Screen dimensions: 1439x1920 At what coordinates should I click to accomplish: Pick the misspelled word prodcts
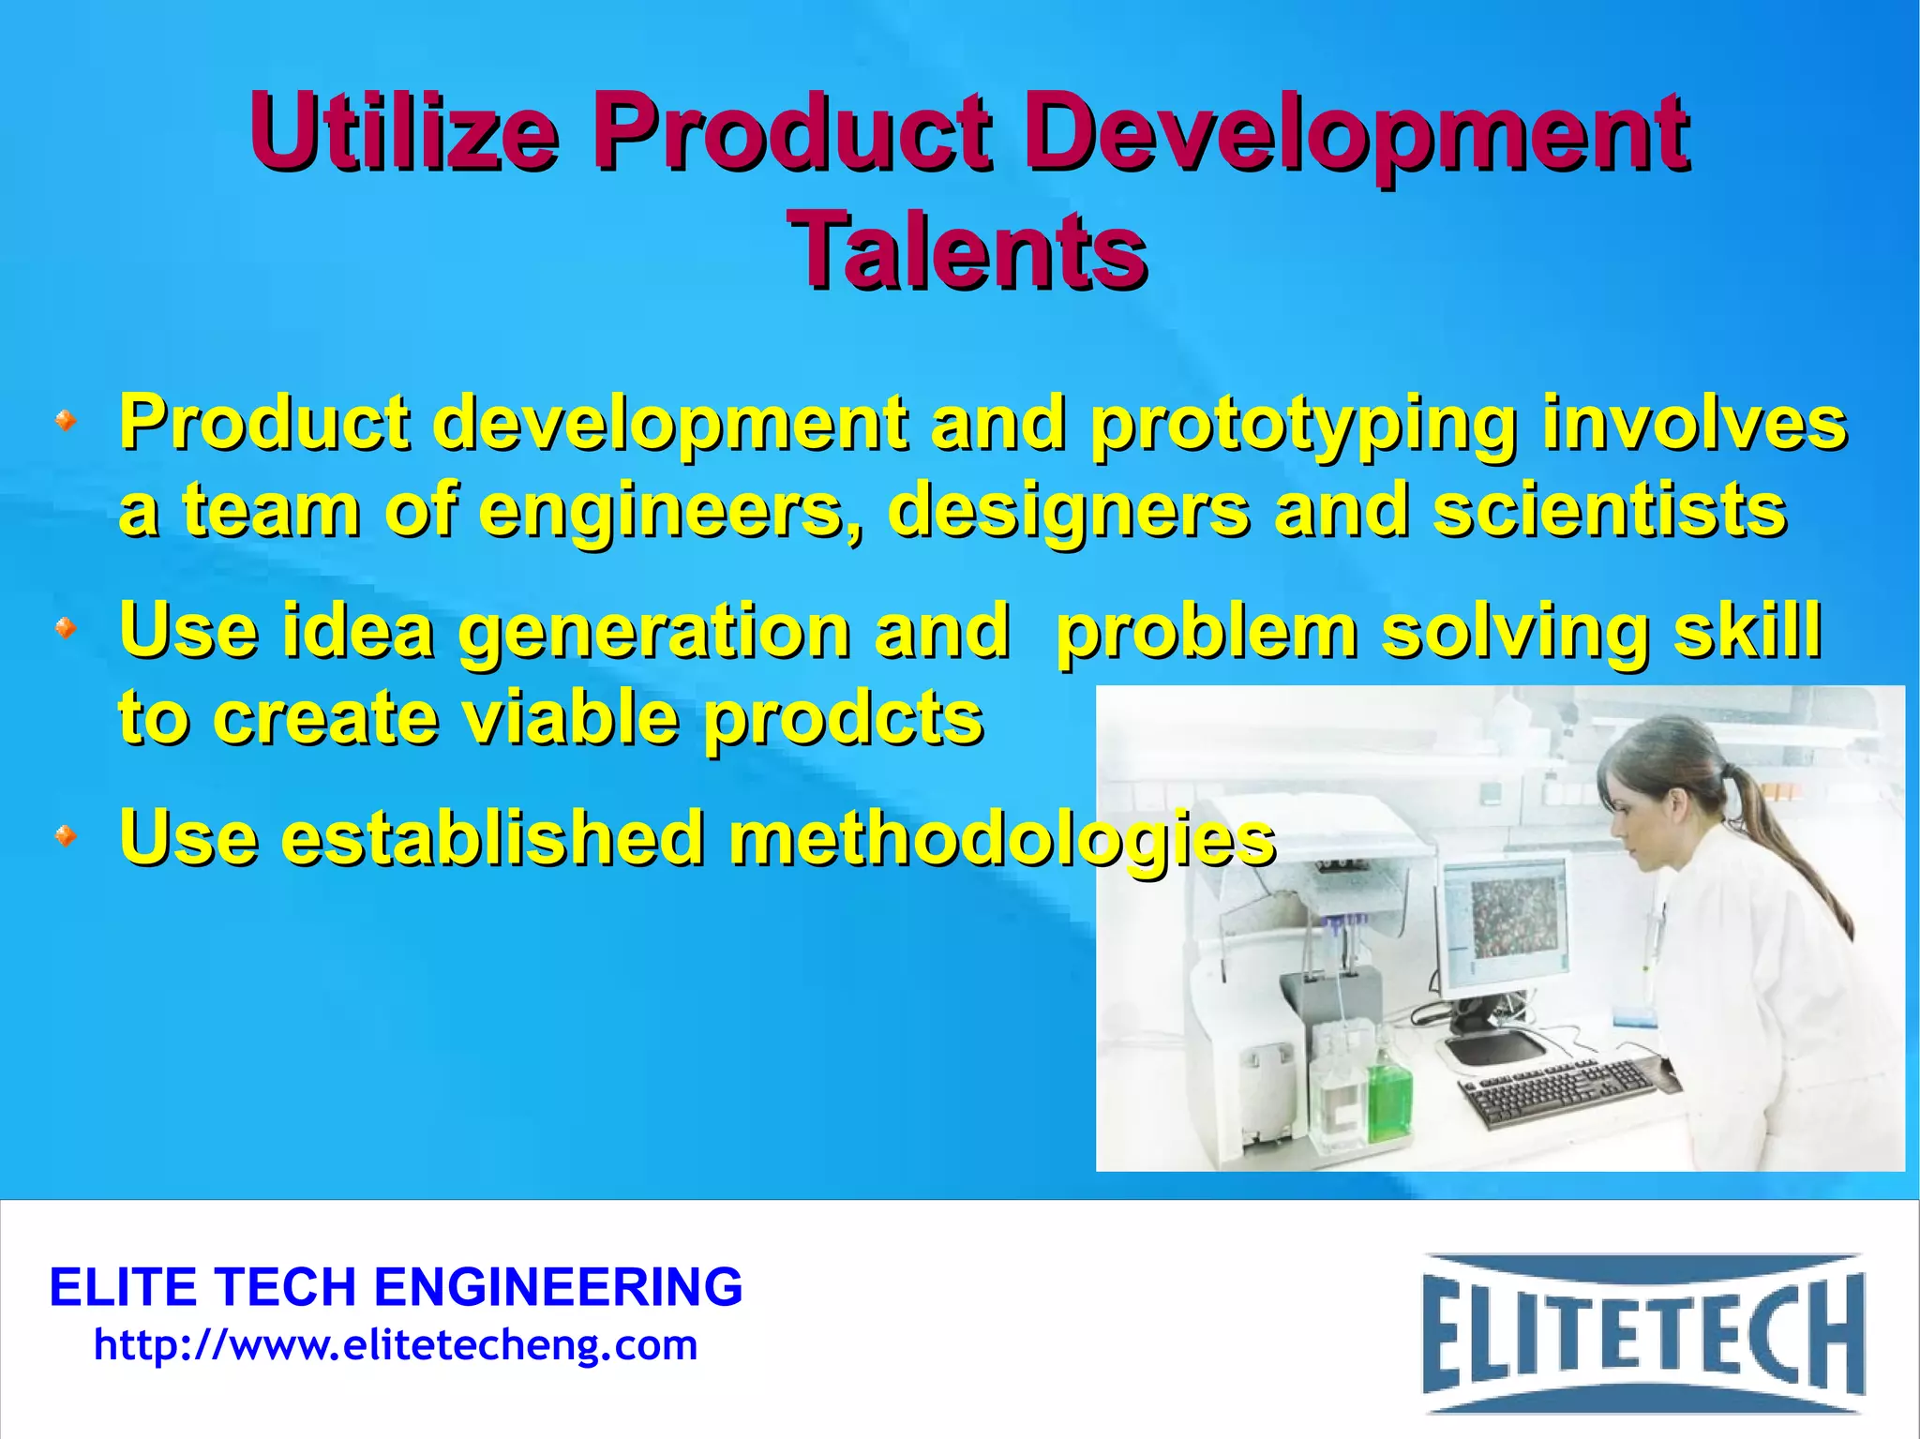tap(843, 719)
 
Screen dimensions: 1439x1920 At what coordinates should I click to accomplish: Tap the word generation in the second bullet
tap(653, 631)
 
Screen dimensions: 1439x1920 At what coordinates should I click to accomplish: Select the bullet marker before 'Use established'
tap(66, 833)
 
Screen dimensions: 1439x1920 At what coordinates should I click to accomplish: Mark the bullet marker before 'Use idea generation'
tap(66, 627)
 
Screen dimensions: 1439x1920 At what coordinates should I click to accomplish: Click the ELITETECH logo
tap(1642, 1332)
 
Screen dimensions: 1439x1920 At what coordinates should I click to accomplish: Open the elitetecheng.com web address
tap(396, 1345)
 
